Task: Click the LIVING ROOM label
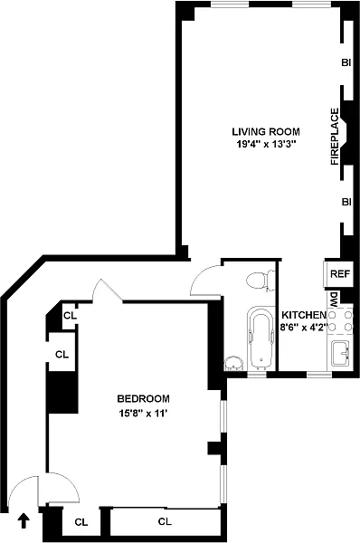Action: coord(266,131)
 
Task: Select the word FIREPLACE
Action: coord(335,137)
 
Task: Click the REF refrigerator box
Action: coord(338,273)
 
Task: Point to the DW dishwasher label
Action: coord(334,298)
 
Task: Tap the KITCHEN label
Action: coord(304,315)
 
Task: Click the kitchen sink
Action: coord(341,353)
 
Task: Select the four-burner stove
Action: coord(340,320)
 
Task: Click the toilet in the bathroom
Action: coord(261,281)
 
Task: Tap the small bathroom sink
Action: coord(233,364)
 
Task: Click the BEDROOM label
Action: coord(144,398)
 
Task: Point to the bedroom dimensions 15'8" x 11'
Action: coord(143,414)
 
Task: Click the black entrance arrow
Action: coord(24,520)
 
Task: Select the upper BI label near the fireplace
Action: coord(346,62)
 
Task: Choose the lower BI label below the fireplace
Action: coord(346,202)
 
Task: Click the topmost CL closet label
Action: coord(70,316)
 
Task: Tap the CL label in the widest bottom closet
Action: coord(165,521)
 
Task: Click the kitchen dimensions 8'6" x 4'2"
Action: coord(304,328)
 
